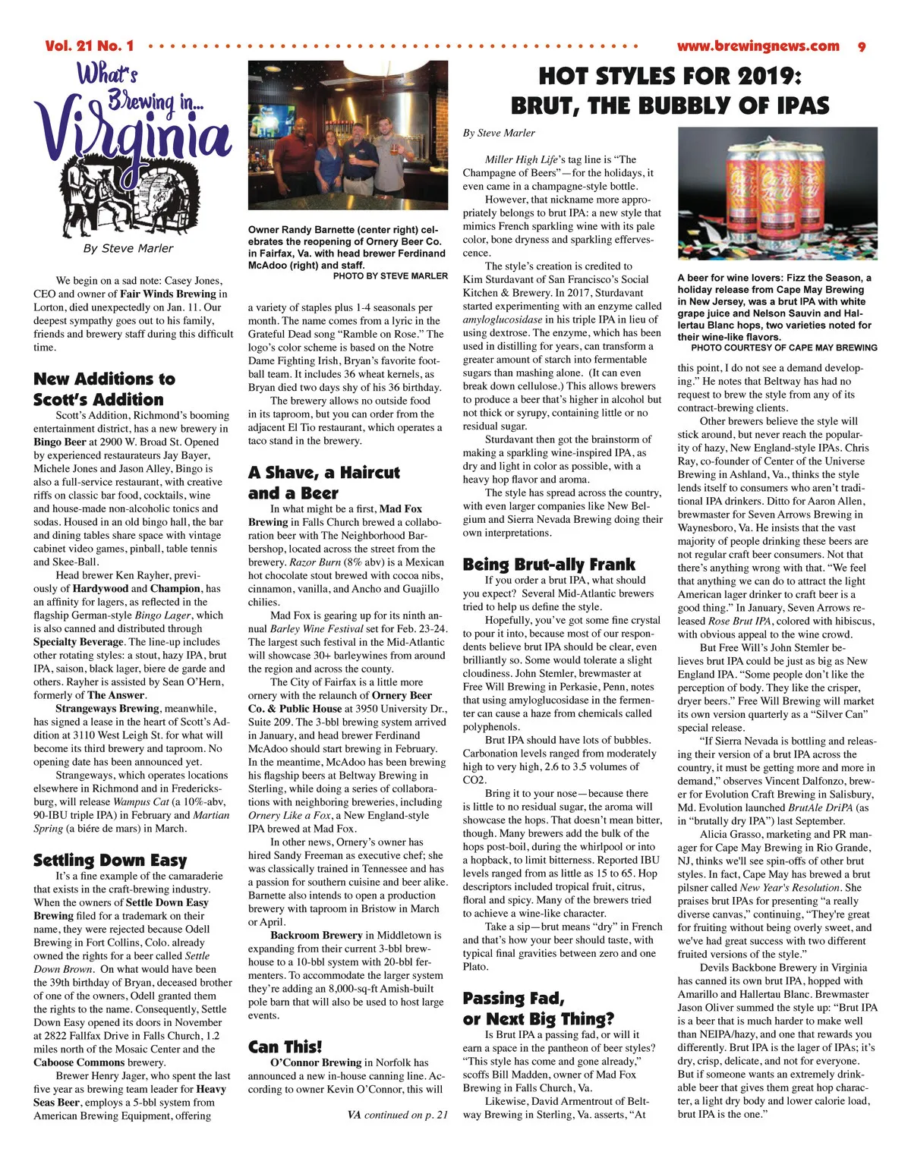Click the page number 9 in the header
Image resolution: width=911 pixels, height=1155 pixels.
pos(862,46)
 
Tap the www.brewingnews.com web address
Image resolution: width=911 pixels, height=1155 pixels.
pos(758,46)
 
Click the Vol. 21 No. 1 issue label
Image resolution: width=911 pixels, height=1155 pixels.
pos(89,46)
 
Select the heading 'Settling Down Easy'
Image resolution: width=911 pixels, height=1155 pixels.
pos(110,860)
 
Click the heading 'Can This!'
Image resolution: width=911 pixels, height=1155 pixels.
pos(285,1047)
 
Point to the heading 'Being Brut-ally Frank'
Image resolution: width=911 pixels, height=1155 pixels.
pos(549,564)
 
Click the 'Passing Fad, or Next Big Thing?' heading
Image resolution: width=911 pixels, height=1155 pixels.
pos(537,1009)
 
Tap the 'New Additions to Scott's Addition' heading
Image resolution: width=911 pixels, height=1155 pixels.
pos(104,389)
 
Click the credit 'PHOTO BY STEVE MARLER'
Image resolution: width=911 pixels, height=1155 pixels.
pos(390,276)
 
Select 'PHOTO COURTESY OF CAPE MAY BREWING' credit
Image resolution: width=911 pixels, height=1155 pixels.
pos(779,348)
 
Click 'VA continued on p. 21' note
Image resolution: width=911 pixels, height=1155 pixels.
pos(397,1115)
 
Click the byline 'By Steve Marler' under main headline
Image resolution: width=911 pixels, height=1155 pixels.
pos(499,133)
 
